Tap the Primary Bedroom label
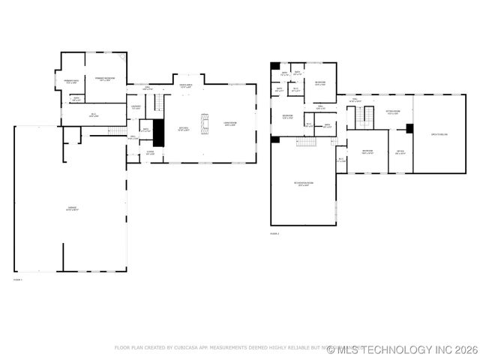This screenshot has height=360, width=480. point(105,79)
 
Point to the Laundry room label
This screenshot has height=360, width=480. point(136,108)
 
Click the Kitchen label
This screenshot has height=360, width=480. point(184,129)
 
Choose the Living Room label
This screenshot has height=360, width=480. point(229,124)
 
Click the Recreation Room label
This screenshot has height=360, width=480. point(303,184)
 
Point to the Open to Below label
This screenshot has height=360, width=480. point(439,134)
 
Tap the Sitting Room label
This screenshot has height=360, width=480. point(393,112)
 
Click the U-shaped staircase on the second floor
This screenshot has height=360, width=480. point(364,117)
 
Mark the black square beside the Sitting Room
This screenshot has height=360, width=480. point(409,128)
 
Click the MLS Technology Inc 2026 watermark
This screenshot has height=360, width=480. point(403,349)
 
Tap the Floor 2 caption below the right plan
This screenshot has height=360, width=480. point(274,234)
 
